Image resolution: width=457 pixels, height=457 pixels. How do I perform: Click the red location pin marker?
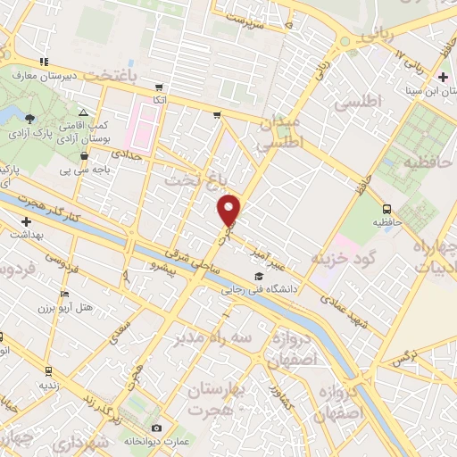tap(230, 210)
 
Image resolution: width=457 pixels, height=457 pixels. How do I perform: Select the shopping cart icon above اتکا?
tap(159, 87)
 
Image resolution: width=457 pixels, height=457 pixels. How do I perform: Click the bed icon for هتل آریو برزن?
tap(62, 294)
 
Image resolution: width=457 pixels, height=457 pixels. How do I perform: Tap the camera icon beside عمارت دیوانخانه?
tap(157, 428)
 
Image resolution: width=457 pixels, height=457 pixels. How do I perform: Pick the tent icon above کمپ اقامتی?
tap(83, 113)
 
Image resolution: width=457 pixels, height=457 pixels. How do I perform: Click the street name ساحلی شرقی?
tap(202, 267)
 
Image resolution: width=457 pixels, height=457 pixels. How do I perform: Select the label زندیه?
tap(49, 386)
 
